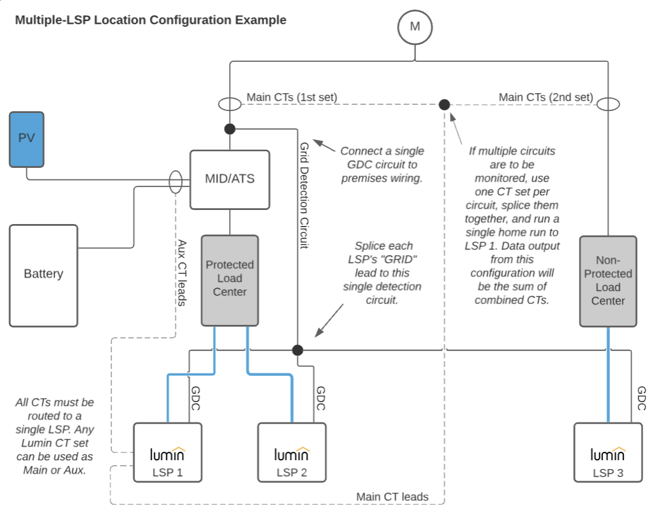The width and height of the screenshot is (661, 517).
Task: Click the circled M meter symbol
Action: pyautogui.click(x=415, y=26)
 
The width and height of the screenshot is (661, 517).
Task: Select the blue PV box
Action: pyautogui.click(x=27, y=139)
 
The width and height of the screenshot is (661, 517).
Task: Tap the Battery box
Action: pyautogui.click(x=43, y=274)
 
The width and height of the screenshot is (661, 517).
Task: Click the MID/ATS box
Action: pyautogui.click(x=230, y=179)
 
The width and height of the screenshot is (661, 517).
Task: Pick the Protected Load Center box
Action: pyautogui.click(x=230, y=280)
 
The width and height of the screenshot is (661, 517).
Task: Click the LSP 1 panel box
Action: pyautogui.click(x=168, y=452)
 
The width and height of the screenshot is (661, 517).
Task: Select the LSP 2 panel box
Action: pyautogui.click(x=292, y=452)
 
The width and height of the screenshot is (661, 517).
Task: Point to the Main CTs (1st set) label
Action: pyautogui.click(x=292, y=98)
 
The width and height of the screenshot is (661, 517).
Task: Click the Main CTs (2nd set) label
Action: pyautogui.click(x=546, y=98)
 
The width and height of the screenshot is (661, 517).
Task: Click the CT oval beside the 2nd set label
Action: pyautogui.click(x=608, y=104)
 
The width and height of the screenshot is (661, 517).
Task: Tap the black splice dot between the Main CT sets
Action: pyautogui.click(x=445, y=104)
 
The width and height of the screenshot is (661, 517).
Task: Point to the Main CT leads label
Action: pyautogui.click(x=392, y=497)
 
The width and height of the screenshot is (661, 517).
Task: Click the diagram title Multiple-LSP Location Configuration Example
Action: pyautogui.click(x=151, y=20)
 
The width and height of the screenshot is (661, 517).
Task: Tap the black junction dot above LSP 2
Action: pyautogui.click(x=297, y=350)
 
